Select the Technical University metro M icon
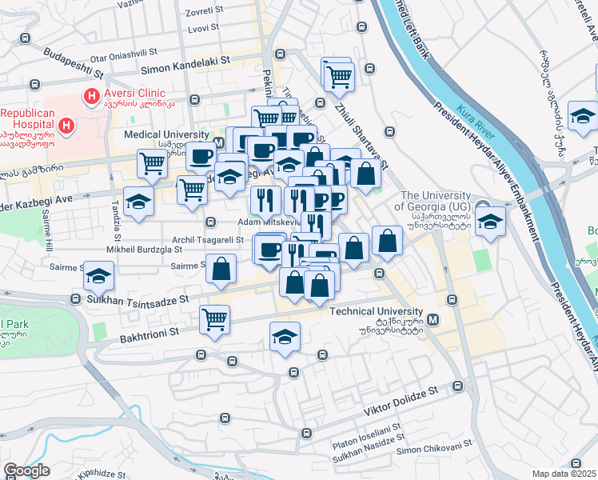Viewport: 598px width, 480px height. click(433, 320)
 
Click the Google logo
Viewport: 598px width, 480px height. click(27, 470)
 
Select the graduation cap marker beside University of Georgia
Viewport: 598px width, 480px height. click(489, 222)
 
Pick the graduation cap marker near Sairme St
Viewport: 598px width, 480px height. click(99, 276)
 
